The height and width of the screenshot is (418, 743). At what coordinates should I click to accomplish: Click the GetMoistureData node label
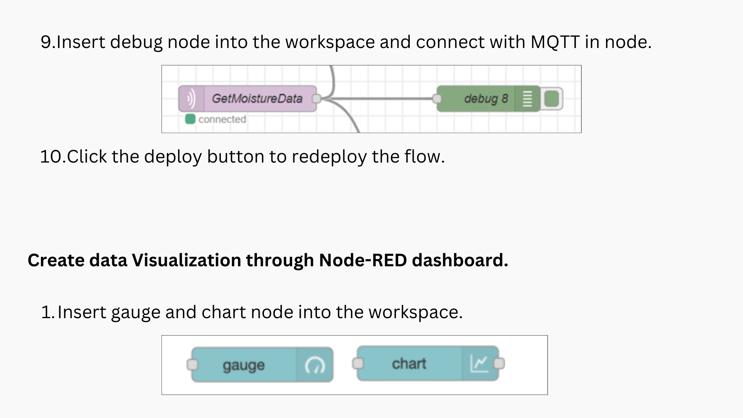click(x=257, y=99)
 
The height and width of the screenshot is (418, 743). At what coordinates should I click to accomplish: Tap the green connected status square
click(x=190, y=119)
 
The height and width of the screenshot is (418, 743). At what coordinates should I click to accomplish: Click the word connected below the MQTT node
click(x=222, y=119)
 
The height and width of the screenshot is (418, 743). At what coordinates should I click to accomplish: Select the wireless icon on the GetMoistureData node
click(x=191, y=99)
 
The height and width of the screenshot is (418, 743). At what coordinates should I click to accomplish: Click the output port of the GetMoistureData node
click(x=316, y=99)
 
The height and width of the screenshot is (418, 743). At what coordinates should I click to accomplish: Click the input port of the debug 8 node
click(x=437, y=99)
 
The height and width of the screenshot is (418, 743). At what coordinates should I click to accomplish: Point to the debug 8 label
click(x=486, y=99)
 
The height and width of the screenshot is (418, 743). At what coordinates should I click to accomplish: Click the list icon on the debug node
click(x=527, y=99)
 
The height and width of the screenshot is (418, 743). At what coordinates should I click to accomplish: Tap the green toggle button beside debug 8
click(x=551, y=99)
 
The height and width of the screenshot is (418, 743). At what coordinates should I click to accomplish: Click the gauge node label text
click(x=243, y=365)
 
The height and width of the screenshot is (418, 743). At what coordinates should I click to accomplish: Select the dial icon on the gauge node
click(x=315, y=365)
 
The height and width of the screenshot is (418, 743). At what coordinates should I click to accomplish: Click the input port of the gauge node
click(x=192, y=365)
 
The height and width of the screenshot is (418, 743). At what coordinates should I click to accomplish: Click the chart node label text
click(x=409, y=364)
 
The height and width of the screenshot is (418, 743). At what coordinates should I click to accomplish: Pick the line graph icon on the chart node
click(x=479, y=363)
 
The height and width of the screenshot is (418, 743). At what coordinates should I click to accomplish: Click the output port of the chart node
click(x=499, y=363)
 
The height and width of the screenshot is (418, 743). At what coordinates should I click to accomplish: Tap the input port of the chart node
click(x=358, y=363)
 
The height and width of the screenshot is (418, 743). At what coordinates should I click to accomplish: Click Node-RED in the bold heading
click(x=363, y=260)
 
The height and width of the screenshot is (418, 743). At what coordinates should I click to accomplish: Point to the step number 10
click(x=51, y=157)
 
